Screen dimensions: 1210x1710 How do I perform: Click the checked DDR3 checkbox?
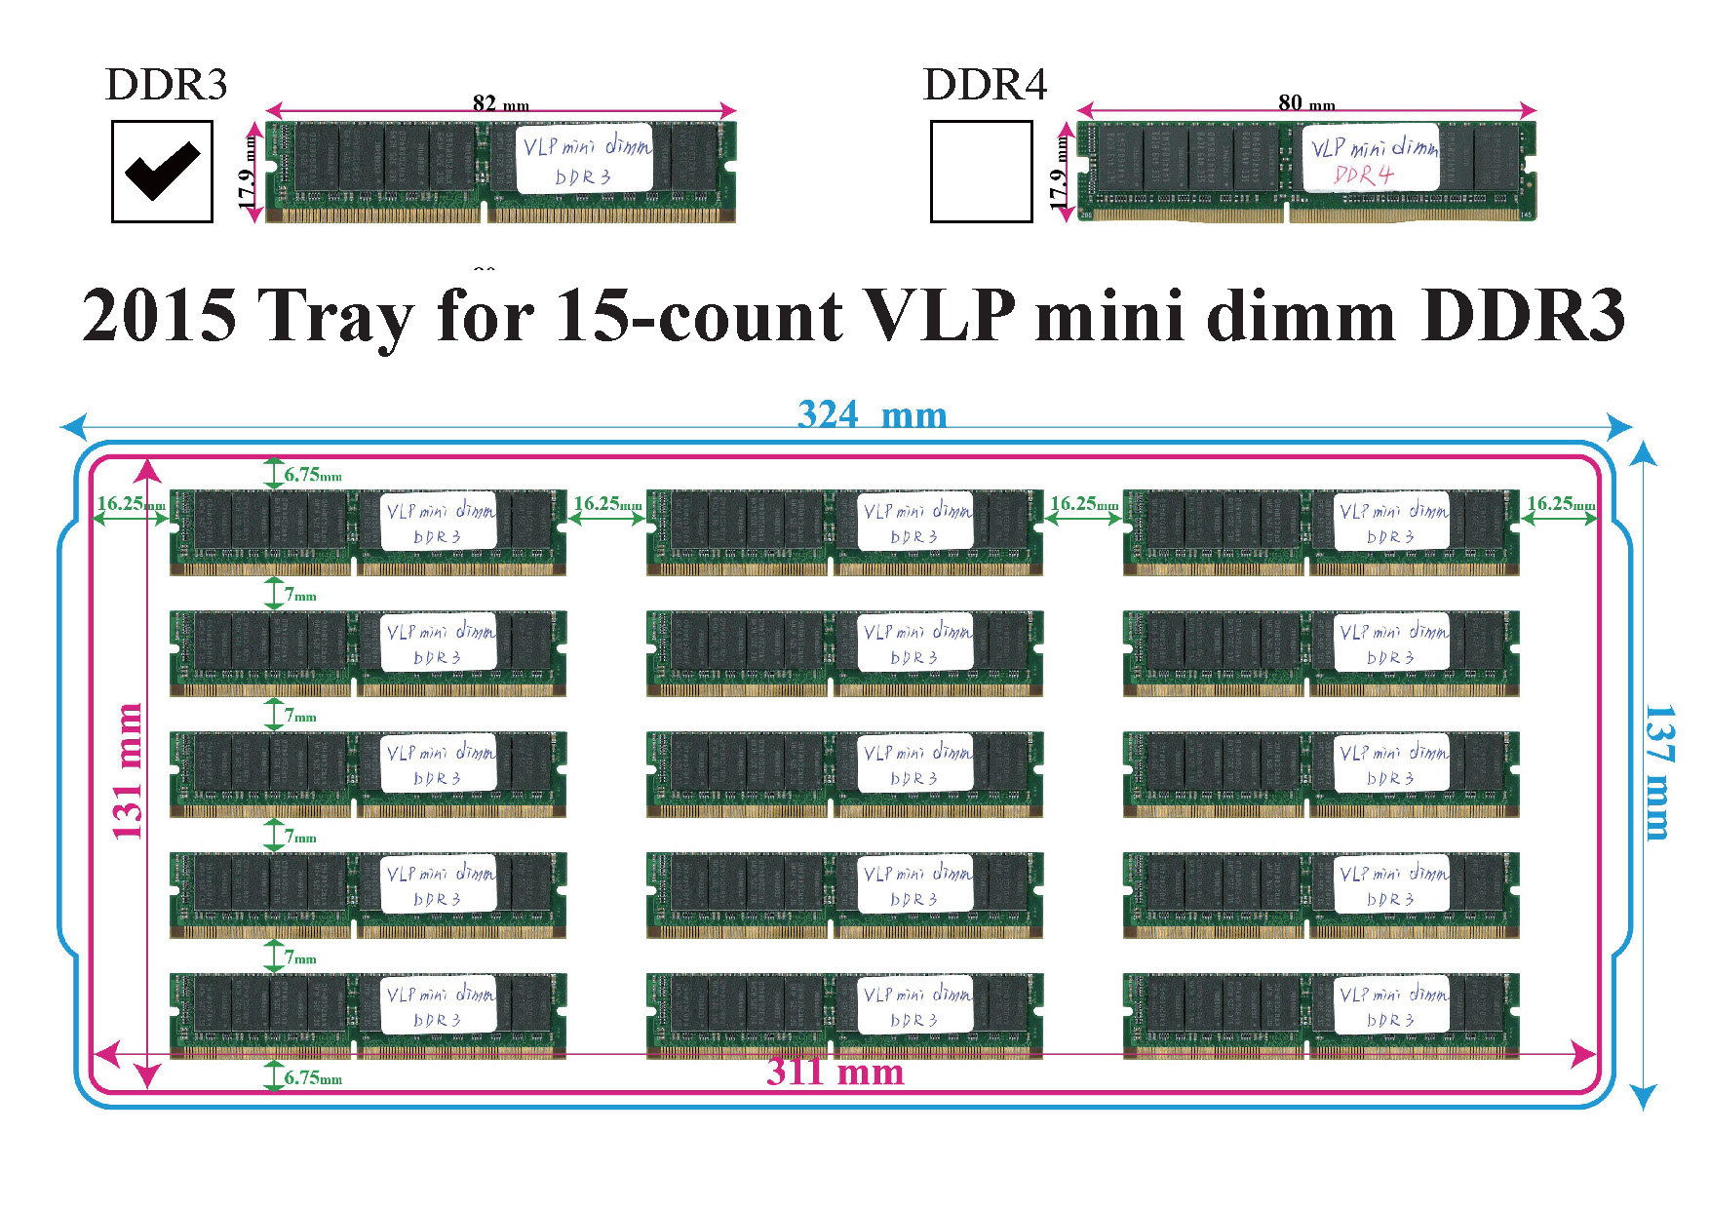click(x=162, y=172)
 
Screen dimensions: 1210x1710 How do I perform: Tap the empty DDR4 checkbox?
click(x=981, y=172)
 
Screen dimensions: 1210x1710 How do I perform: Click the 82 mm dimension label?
click(x=500, y=102)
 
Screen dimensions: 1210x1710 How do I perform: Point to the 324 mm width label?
click(x=872, y=414)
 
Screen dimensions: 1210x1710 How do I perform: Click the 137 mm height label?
click(x=1658, y=771)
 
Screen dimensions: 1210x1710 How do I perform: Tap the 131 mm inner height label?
click(x=128, y=771)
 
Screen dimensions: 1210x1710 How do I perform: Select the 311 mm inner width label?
click(x=835, y=1072)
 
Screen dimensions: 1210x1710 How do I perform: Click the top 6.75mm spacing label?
click(x=313, y=475)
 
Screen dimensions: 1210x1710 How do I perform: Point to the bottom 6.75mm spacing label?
click(x=313, y=1077)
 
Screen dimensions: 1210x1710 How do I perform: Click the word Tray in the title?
click(x=336, y=316)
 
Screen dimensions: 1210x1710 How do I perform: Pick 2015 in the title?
click(x=159, y=316)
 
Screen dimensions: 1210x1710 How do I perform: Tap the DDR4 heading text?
click(x=985, y=85)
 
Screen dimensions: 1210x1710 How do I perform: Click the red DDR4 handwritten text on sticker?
click(x=1363, y=175)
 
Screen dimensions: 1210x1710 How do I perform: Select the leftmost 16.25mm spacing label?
click(x=130, y=504)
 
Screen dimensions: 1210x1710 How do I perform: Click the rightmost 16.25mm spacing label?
click(x=1560, y=504)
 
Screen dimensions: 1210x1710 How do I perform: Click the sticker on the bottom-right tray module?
click(x=1391, y=1005)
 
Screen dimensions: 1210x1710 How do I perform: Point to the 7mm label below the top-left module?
click(x=300, y=595)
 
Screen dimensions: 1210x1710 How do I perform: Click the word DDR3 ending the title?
click(x=1523, y=316)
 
